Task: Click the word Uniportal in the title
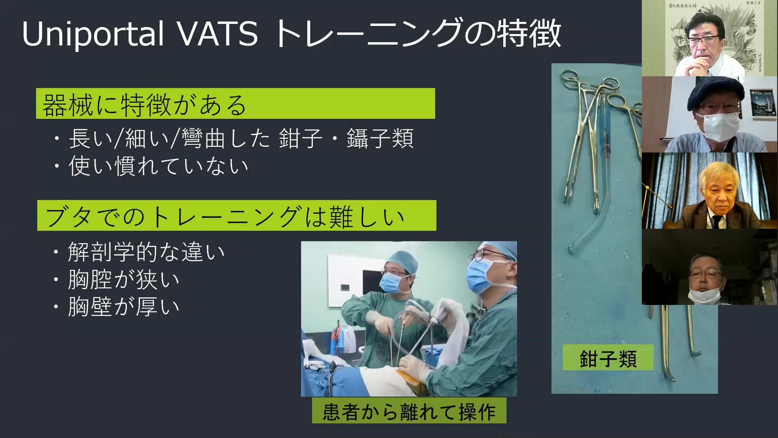tap(93, 34)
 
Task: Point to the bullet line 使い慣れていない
tap(158, 166)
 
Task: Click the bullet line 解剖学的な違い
tap(146, 252)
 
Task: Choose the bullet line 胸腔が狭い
tap(123, 279)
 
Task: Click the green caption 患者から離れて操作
tap(409, 411)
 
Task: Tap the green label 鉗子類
tap(608, 357)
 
